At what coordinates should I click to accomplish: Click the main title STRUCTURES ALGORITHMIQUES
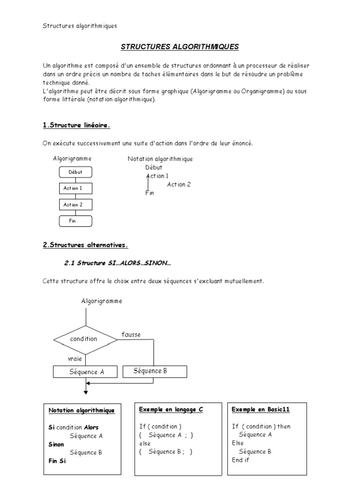click(x=180, y=47)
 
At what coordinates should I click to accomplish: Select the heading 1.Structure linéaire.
click(x=76, y=125)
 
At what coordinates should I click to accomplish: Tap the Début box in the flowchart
click(x=75, y=172)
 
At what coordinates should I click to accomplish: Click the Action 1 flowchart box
click(x=75, y=188)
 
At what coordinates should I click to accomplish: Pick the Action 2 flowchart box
click(x=75, y=205)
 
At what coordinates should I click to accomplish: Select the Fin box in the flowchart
click(x=75, y=221)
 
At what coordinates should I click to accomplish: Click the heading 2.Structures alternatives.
click(x=85, y=245)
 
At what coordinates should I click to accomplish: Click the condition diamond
click(x=84, y=339)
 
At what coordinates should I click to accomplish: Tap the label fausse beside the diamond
click(x=131, y=335)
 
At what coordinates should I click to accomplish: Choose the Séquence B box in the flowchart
click(x=154, y=371)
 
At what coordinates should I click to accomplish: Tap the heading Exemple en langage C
click(x=171, y=409)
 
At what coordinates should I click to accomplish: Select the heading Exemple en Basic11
click(x=261, y=409)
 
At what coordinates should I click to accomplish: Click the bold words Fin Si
click(x=58, y=461)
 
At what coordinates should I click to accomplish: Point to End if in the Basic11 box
click(x=240, y=460)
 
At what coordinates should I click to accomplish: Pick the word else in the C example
click(x=145, y=443)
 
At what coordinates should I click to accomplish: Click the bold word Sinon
click(x=57, y=444)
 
